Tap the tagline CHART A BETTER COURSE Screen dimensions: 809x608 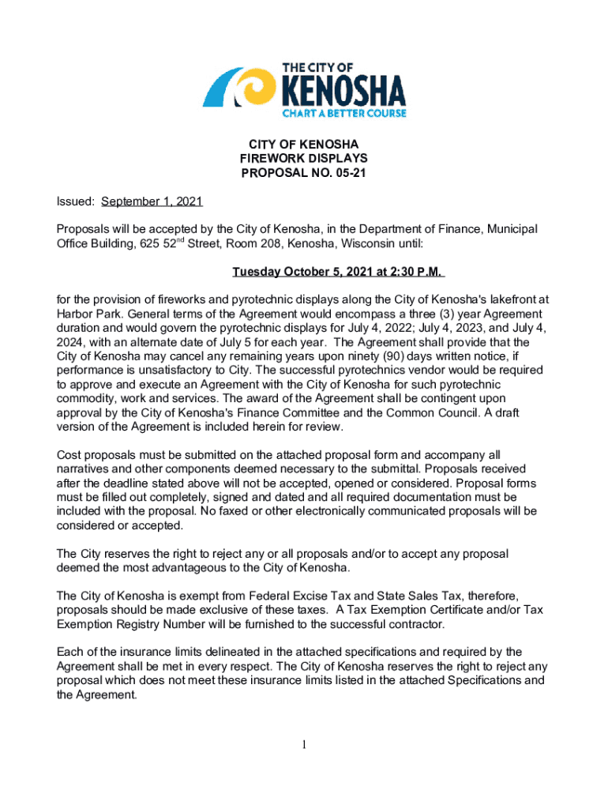pos(344,114)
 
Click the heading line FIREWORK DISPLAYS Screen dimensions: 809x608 pos(304,158)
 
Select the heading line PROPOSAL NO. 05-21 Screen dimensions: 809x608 pos(304,172)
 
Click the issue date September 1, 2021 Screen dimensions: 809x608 pos(152,201)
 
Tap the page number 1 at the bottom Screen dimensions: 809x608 pos(304,744)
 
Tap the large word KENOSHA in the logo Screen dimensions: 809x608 pos(344,91)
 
